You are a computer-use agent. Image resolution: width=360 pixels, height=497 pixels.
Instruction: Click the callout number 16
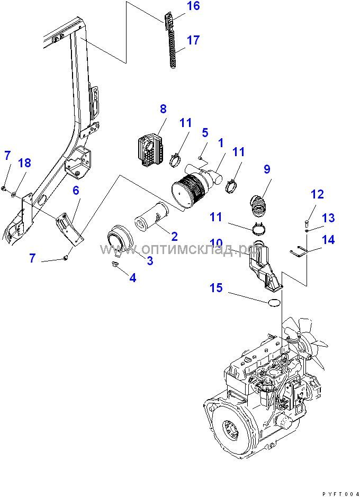[178, 6]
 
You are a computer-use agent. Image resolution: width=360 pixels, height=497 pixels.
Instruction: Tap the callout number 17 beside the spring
[193, 40]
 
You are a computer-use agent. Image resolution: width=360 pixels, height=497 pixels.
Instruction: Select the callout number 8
[163, 110]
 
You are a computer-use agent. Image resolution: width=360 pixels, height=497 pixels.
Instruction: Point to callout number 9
[267, 169]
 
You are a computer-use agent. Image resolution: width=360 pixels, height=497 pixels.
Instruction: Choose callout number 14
[328, 240]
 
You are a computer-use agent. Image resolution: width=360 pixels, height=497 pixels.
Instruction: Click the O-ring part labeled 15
[274, 302]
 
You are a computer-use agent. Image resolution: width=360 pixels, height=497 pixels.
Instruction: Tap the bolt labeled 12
[306, 221]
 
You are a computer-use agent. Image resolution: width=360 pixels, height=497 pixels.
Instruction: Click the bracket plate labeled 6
[70, 228]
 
